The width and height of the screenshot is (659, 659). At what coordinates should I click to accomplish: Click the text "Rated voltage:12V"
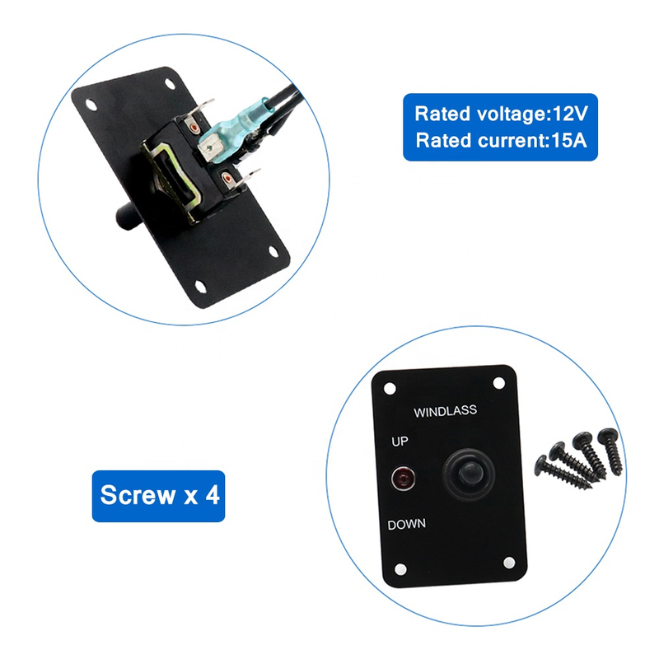(x=499, y=114)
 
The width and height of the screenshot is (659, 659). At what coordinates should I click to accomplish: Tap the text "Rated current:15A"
(x=499, y=140)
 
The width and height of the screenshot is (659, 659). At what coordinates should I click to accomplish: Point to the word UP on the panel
(x=400, y=442)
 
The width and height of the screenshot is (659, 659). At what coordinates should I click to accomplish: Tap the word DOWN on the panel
(x=405, y=524)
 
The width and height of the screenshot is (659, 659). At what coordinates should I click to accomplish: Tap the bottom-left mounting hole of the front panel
(x=399, y=570)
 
